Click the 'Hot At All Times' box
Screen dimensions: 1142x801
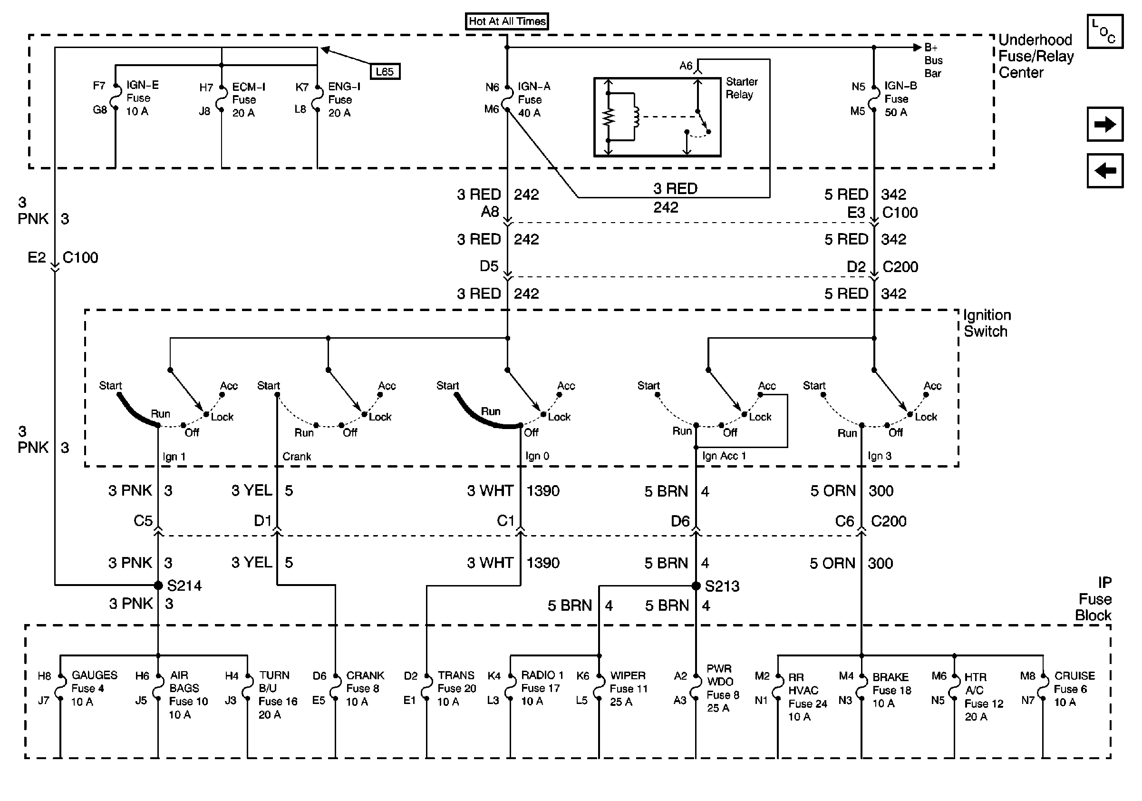click(x=507, y=21)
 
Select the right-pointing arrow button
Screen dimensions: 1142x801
click(x=1105, y=124)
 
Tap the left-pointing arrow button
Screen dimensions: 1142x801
click(x=1105, y=171)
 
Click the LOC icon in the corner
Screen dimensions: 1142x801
click(x=1105, y=31)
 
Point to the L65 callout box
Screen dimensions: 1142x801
click(x=385, y=72)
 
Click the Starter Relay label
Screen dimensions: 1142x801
click(x=742, y=88)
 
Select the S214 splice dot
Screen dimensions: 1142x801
click(x=158, y=585)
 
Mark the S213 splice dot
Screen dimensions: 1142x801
click(x=696, y=586)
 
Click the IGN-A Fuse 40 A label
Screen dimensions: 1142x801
click(x=534, y=99)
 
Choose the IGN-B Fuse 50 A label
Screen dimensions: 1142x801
click(x=900, y=99)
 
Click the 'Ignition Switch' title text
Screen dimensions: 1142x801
click(x=987, y=323)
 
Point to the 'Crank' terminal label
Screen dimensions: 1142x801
click(x=297, y=456)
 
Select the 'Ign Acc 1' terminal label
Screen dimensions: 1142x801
click(x=724, y=456)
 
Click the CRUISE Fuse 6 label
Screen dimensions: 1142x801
click(x=1074, y=689)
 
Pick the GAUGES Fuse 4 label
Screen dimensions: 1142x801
click(x=94, y=688)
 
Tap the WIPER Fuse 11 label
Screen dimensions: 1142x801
click(x=628, y=689)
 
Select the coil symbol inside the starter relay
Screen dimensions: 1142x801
click(x=636, y=117)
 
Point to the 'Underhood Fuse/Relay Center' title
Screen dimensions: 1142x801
click(x=1036, y=56)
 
